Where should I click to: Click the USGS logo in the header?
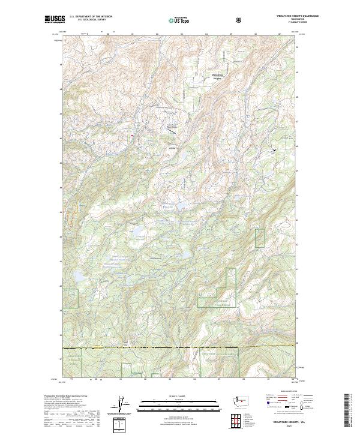(55, 19)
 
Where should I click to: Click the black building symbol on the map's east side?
(275, 150)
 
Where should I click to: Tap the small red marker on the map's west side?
(131, 135)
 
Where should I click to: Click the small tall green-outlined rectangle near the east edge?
(260, 238)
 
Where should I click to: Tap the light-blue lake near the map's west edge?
(79, 277)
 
